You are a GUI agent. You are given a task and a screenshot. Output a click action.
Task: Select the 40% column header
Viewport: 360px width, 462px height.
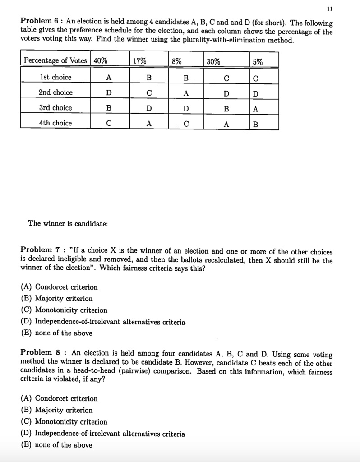101,60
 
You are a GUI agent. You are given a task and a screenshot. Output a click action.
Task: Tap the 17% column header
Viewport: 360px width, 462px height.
140,60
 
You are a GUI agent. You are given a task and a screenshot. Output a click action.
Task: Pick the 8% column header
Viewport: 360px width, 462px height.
177,60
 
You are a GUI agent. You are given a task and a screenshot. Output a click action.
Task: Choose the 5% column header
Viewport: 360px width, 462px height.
259,60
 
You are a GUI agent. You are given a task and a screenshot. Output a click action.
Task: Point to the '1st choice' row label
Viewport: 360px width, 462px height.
55,77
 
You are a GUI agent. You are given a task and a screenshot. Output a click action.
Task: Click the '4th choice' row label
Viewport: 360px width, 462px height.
55,123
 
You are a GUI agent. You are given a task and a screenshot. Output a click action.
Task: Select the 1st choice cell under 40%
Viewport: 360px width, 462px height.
108,78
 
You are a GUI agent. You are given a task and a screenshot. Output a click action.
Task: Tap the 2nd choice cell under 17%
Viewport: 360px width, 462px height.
149,93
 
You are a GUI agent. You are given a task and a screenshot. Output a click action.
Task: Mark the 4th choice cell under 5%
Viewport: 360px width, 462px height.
256,124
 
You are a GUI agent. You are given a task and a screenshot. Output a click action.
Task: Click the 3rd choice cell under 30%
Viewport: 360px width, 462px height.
226,108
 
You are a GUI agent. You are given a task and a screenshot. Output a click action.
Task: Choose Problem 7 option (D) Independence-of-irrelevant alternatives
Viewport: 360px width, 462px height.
103,322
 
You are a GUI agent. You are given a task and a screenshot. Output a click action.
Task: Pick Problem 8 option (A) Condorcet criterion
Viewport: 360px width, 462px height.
59,398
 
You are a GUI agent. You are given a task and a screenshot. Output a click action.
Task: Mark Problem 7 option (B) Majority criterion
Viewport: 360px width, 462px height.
57,298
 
